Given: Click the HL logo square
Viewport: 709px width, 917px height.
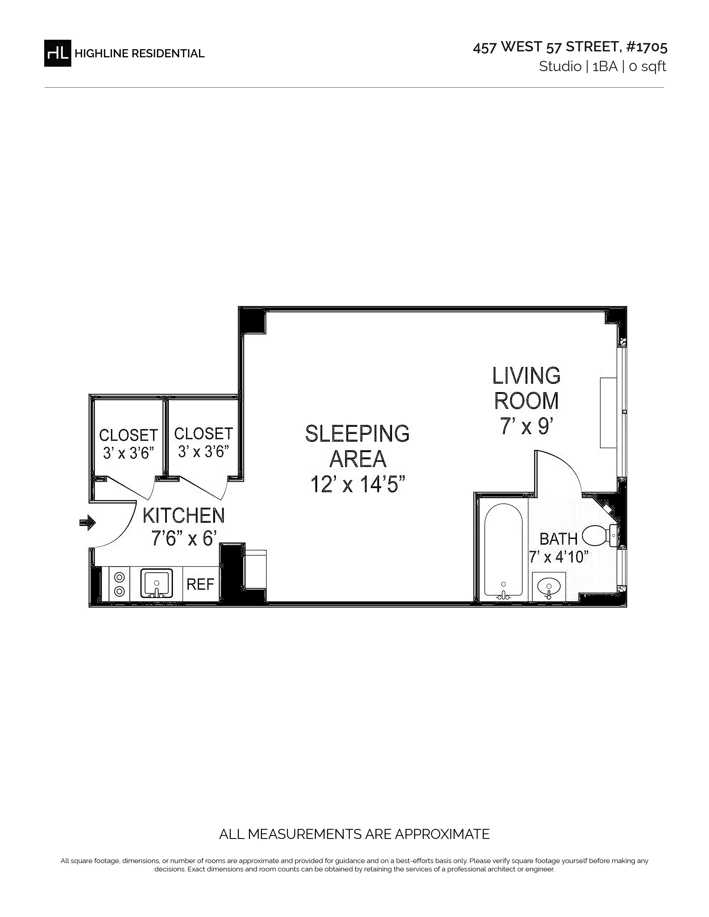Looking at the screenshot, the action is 58,53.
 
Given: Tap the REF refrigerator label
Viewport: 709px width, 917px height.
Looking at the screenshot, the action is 200,584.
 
